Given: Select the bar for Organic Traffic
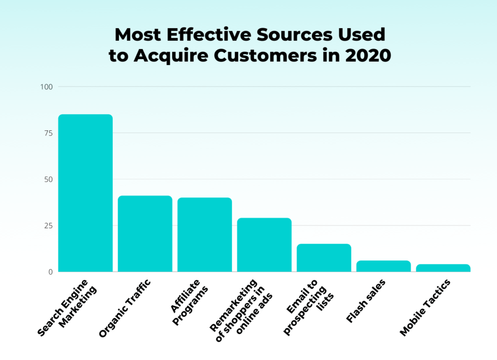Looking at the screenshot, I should (x=145, y=234).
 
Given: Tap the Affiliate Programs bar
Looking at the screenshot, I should (x=204, y=235).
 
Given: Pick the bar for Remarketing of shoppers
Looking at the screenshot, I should (x=264, y=245).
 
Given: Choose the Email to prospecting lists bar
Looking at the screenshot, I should (x=324, y=258).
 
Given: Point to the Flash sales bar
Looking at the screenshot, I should (x=383, y=266).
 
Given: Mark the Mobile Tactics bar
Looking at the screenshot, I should (x=443, y=268).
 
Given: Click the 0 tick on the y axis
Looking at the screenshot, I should (x=50, y=272).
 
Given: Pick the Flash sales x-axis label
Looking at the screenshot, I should (x=366, y=301).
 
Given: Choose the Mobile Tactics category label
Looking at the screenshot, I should (x=425, y=308).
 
